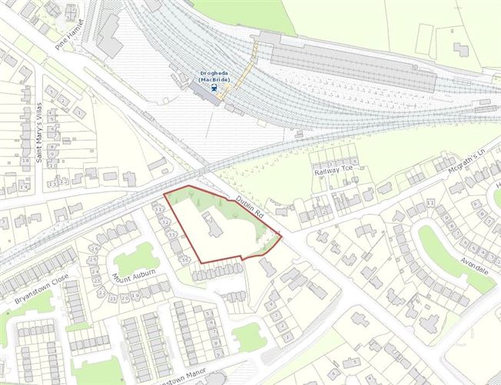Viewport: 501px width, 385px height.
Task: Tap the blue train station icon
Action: pos(216,88)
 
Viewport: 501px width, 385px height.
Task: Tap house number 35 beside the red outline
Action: pos(184,260)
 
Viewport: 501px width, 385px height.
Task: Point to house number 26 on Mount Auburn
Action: pos(95,248)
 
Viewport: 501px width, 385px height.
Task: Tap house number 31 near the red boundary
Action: pos(158,209)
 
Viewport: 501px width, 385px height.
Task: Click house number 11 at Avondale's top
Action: pos(430,202)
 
